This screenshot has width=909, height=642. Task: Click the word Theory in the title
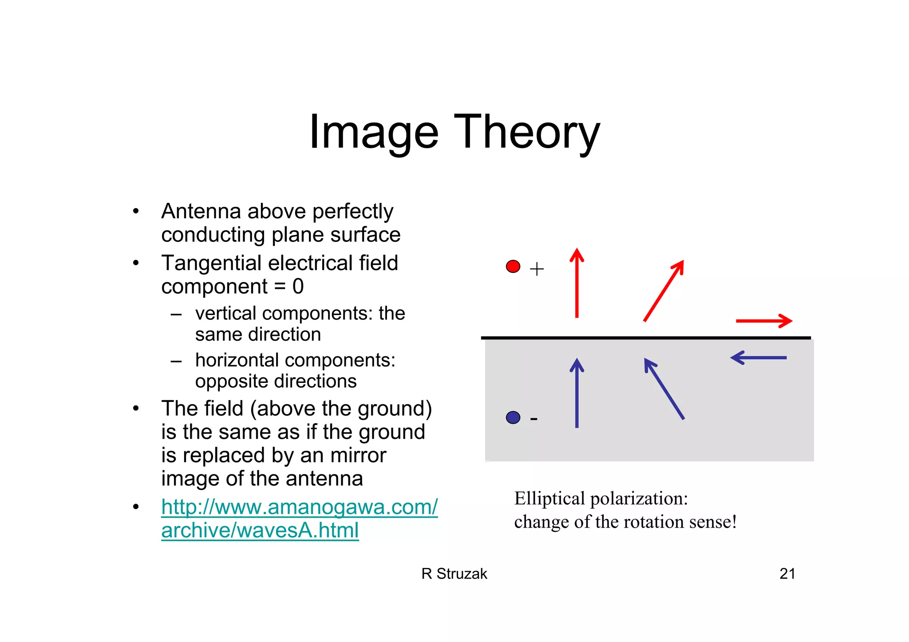pos(526,132)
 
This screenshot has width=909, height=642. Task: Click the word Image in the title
pos(374,132)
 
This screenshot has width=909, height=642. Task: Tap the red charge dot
pos(513,266)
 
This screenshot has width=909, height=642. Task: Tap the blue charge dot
pos(513,417)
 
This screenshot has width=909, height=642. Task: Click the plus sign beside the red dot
pos(537,269)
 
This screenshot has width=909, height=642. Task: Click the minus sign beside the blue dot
pos(534,418)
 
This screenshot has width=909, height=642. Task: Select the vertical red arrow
pos(577,284)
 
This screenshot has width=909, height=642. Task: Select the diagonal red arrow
pos(663,291)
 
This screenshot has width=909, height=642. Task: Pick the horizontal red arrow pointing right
pos(763,321)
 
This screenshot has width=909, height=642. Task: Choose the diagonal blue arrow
pos(664,389)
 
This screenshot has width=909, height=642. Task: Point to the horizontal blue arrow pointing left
pos(759,358)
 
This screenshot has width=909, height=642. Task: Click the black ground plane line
pos(646,338)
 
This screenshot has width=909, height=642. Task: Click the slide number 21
pos(787,574)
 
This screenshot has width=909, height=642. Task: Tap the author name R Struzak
pos(454,574)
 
